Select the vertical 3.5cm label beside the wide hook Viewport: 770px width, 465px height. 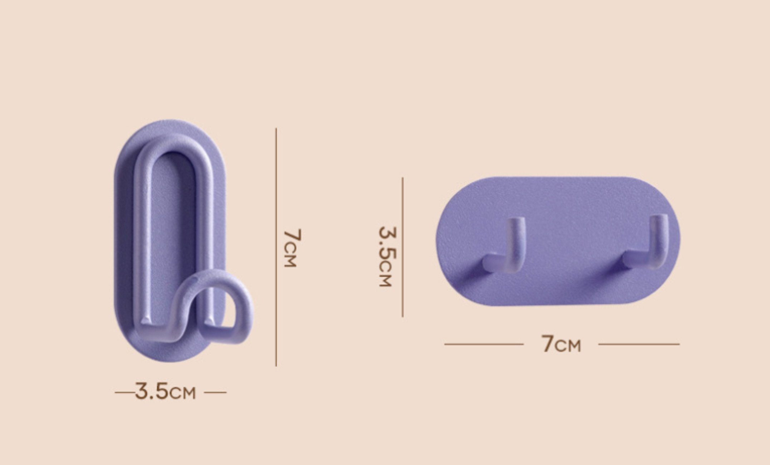tap(388, 256)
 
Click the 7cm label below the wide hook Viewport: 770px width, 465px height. tap(561, 344)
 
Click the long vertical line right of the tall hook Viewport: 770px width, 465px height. tap(276, 247)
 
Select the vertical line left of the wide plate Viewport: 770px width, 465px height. tap(403, 247)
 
